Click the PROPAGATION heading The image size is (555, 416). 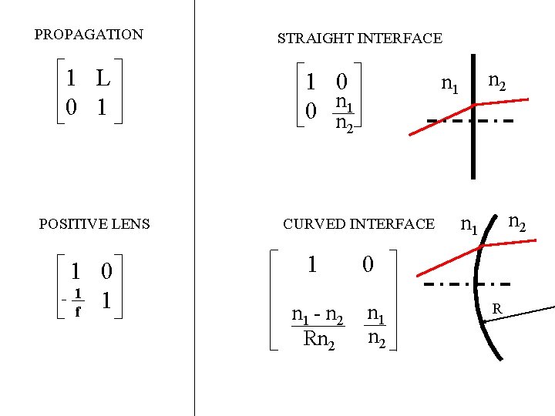point(89,35)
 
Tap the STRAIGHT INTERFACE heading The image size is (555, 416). point(359,38)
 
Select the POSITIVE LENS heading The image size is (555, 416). point(94,224)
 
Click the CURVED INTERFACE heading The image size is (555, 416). point(358,224)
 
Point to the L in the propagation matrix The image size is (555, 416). point(103,78)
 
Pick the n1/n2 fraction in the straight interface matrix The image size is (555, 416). point(344,112)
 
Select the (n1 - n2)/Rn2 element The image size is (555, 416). point(317,327)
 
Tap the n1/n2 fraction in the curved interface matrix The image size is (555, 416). point(376,327)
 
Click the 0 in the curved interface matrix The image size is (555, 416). point(368,265)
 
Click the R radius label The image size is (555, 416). point(497,309)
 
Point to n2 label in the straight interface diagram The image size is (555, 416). point(497,81)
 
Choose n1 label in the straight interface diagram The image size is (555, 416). point(449,84)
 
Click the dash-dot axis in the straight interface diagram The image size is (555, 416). point(447,122)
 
